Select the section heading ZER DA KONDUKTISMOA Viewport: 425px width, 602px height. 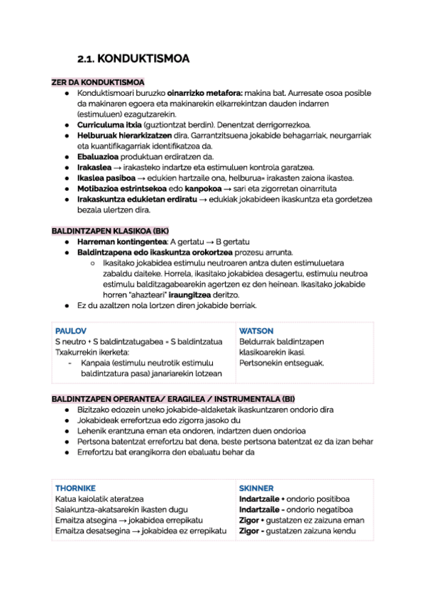pyautogui.click(x=97, y=82)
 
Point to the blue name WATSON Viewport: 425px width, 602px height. pyautogui.click(x=256, y=331)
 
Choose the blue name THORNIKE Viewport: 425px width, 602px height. pyautogui.click(x=75, y=488)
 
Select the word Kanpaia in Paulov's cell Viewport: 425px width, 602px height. pyautogui.click(x=95, y=363)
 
